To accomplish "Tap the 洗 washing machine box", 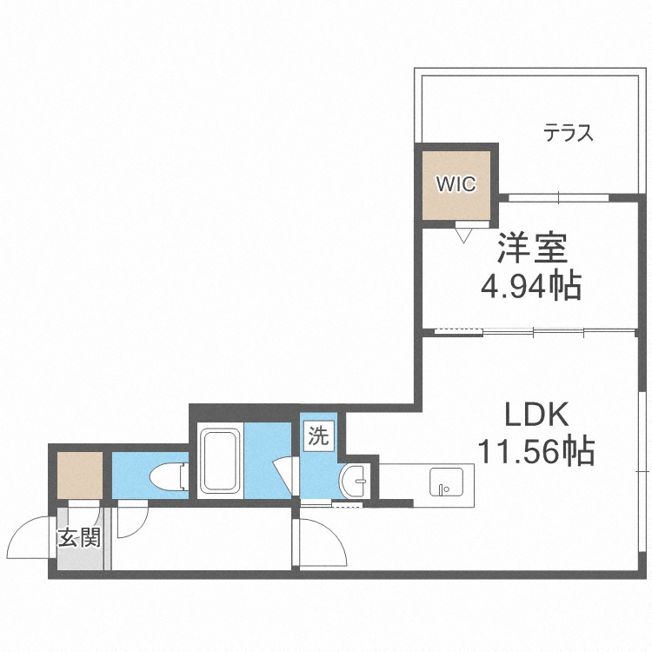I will (x=318, y=436).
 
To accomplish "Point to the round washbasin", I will (x=356, y=478).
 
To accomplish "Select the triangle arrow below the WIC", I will (x=463, y=233).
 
